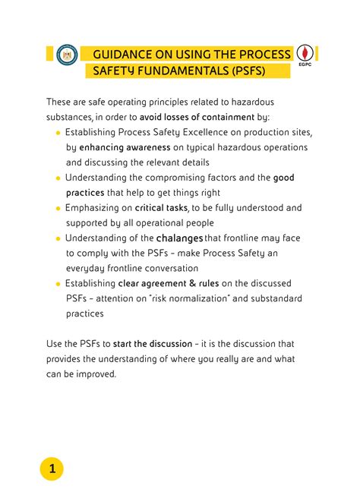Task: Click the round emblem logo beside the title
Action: click(x=67, y=55)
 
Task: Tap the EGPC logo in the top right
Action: click(x=305, y=55)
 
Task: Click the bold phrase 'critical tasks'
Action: click(x=159, y=207)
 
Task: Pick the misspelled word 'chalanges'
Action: click(x=179, y=238)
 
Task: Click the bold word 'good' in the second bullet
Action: click(x=283, y=178)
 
